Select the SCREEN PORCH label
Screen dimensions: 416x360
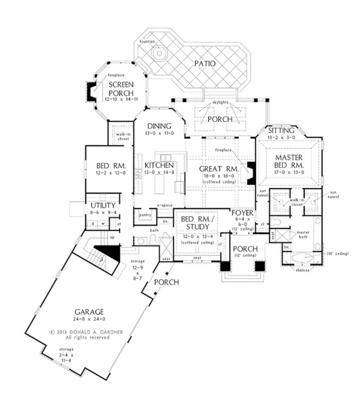[x=121, y=89]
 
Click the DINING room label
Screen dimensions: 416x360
[x=159, y=126]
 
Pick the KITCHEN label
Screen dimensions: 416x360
[x=159, y=165]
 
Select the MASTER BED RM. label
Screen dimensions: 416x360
[x=289, y=161]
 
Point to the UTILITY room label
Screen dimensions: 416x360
[x=103, y=206]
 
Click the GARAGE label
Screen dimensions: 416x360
[x=89, y=311]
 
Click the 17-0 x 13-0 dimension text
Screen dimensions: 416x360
[x=289, y=172]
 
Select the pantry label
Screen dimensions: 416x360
[x=145, y=215]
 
